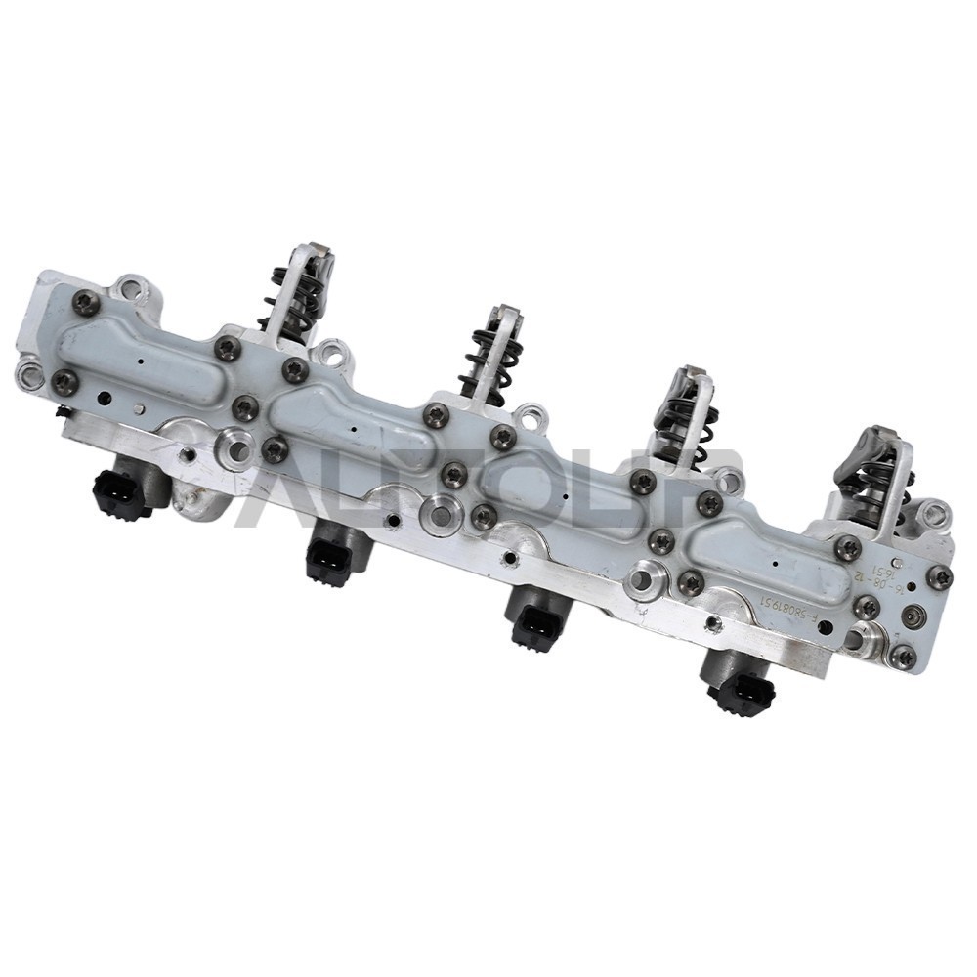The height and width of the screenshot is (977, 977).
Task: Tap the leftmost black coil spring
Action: pos(286,298)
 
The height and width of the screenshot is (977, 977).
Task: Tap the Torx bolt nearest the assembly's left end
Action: pos(64,382)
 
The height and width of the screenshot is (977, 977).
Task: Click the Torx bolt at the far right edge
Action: pos(939,577)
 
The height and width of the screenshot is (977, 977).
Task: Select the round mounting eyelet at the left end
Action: pos(30,372)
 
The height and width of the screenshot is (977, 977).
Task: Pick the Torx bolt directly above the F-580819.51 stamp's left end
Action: pos(691,582)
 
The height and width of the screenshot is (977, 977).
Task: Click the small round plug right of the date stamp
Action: pos(913,616)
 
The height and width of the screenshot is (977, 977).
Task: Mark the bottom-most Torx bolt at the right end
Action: pos(904,657)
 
